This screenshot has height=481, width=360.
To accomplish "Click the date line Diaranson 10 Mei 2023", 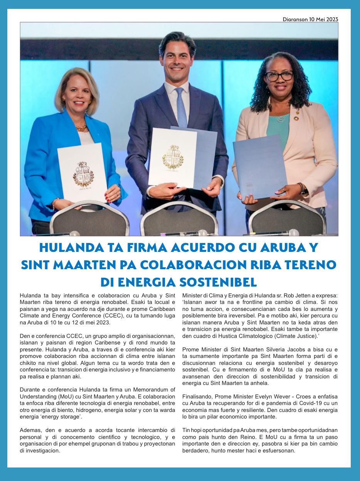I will [x=310, y=19].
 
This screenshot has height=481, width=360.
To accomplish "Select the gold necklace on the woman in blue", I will [x=81, y=127].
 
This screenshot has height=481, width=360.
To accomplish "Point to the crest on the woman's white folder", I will [x=83, y=174].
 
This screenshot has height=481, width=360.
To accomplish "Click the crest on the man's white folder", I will [x=173, y=157].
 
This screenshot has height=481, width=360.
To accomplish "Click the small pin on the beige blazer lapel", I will [x=296, y=118].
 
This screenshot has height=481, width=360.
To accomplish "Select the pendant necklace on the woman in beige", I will [x=281, y=118].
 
